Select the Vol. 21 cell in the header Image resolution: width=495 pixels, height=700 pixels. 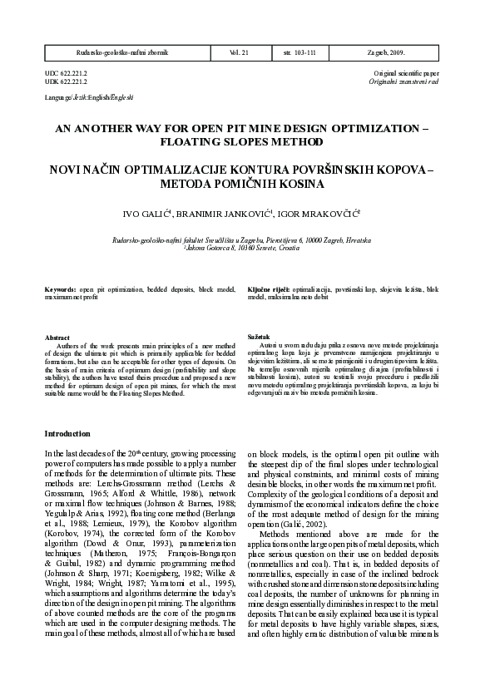(x=240, y=52)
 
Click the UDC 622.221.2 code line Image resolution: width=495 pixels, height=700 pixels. (x=66, y=74)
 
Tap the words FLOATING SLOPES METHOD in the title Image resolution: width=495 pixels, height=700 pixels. (x=247, y=142)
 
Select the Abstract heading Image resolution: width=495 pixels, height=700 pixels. (x=57, y=338)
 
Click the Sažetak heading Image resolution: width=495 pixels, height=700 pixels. (x=259, y=336)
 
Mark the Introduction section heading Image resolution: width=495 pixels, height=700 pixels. (x=67, y=433)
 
